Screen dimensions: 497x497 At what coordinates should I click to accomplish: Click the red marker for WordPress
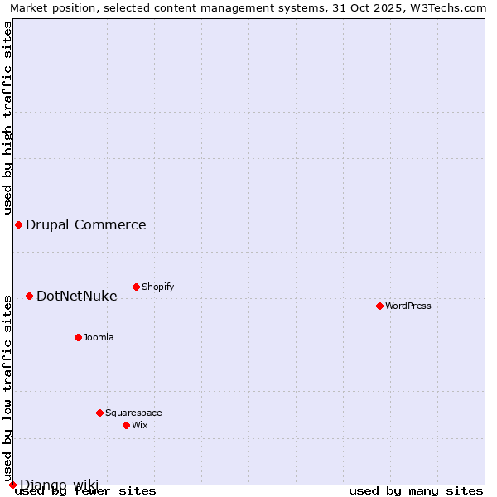pos(379,306)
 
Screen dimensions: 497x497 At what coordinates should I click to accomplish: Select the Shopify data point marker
pos(136,287)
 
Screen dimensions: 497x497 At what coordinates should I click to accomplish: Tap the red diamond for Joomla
pos(78,337)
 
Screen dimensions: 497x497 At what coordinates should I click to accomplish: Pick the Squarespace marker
pos(99,413)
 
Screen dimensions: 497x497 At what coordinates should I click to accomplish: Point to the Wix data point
pos(126,425)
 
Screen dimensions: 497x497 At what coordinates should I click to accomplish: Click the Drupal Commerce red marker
pos(18,224)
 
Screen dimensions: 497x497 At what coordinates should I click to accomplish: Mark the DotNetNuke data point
pos(29,296)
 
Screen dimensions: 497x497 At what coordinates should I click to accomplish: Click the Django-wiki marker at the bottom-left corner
pos(12,485)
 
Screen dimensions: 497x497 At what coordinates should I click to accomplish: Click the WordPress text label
pos(408,306)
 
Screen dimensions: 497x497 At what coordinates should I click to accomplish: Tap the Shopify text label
pos(157,287)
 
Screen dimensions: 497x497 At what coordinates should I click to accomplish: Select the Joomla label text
pos(99,337)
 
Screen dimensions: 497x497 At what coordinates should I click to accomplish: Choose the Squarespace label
pos(133,413)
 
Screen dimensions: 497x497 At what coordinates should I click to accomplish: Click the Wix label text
pos(139,425)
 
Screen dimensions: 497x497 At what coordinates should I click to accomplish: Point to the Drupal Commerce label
pos(86,224)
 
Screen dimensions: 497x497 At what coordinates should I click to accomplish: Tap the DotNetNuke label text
pos(77,296)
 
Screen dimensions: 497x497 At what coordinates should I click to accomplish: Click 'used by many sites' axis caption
pos(416,490)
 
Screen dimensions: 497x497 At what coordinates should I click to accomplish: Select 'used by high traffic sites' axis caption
pos(7,118)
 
